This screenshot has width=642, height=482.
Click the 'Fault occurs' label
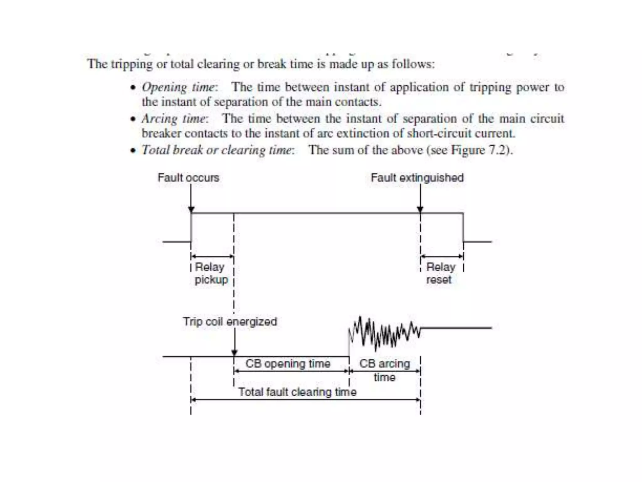point(188,178)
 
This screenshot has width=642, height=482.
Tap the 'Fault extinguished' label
point(417,178)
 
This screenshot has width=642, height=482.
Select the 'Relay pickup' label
point(211,273)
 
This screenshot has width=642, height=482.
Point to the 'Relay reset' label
point(440,273)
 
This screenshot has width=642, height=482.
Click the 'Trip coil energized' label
point(230,322)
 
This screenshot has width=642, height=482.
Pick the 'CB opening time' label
point(288,364)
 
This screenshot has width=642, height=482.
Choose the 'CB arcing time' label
point(385,370)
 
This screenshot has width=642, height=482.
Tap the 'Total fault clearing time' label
point(297,392)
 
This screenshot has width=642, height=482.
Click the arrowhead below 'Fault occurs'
point(191,210)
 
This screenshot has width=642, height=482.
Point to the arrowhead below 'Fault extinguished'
point(420,210)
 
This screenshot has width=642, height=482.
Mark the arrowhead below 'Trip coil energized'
point(234,353)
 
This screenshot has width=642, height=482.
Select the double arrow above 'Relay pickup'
point(213,256)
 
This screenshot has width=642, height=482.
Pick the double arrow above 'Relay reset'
point(442,256)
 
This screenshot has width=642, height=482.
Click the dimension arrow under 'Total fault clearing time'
point(306,400)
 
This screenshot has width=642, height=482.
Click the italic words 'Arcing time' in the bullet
point(174,119)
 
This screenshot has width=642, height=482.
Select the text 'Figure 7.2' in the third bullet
point(479,150)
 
